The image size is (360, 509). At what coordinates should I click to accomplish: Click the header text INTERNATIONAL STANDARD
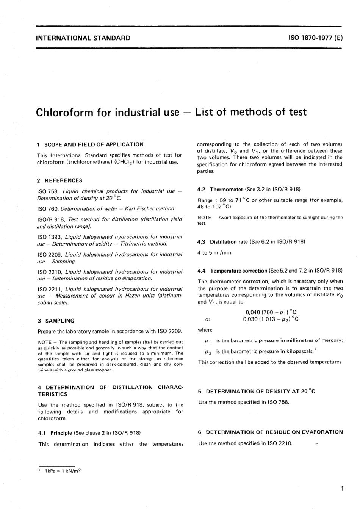83,38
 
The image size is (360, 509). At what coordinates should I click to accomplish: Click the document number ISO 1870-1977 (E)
315,38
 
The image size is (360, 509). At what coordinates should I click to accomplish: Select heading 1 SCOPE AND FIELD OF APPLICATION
91,144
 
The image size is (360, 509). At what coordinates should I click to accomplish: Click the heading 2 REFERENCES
60,180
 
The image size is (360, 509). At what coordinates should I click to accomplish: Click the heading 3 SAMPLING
56,321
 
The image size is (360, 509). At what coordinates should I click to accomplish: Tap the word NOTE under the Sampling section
45,342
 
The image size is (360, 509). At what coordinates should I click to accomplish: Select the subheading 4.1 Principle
55,433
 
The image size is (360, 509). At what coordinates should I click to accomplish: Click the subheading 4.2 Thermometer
221,189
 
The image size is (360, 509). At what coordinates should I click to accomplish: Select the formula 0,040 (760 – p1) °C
271,312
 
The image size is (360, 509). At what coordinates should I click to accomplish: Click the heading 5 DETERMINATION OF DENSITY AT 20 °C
257,391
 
